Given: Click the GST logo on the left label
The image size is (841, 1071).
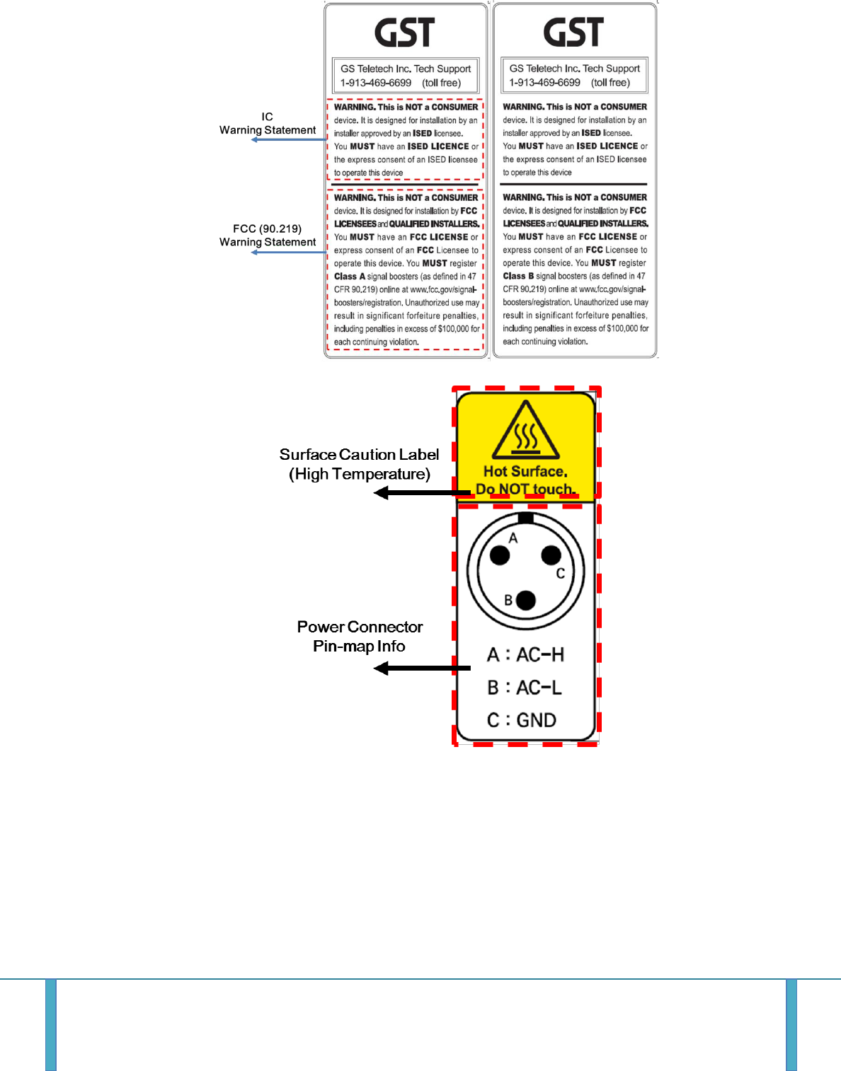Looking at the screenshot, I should pos(404,33).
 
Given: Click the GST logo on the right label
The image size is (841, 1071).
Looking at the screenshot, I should pos(573,33).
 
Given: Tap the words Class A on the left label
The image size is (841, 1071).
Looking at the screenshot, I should pos(350,277).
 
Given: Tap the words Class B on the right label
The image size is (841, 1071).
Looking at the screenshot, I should pos(518,276).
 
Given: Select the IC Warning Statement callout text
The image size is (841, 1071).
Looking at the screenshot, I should pos(268,124).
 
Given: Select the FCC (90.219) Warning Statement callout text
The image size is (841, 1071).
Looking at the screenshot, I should pos(268,236).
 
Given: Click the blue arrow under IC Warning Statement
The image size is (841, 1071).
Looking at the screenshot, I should pos(289,139).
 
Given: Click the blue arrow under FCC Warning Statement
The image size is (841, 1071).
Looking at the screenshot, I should pos(289,252).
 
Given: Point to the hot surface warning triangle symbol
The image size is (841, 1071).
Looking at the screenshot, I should pos(526,431).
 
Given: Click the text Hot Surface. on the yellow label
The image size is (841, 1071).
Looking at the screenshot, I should pos(525,471).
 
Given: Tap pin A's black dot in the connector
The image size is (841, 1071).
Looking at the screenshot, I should pos(500,555).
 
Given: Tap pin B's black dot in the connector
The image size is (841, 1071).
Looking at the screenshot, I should pos(526,601).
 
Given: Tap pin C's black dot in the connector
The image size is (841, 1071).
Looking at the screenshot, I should pos(551,555).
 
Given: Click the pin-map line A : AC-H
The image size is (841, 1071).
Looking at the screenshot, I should pos(525,655).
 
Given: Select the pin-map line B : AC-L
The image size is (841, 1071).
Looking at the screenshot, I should pos(525,688).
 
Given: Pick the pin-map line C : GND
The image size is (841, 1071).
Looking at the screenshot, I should pos(522,720).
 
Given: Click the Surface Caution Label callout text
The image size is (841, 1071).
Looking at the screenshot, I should pos(359,464).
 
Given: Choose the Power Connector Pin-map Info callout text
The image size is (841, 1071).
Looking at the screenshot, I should pos(360,636).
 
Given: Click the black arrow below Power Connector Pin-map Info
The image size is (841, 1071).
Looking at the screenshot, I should pos(422,668).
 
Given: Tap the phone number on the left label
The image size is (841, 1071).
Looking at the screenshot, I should pos(376,83).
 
